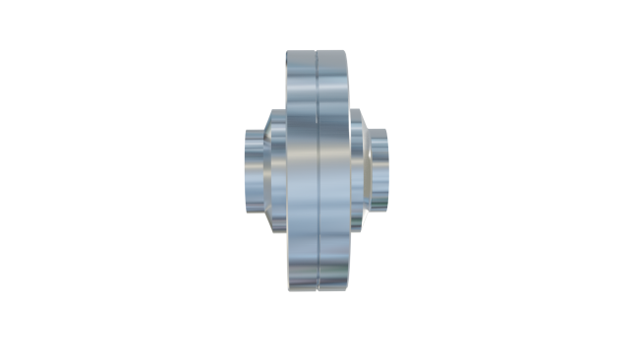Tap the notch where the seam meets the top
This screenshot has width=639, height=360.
coord(319,52)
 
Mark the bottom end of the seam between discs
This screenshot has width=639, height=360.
coord(319,289)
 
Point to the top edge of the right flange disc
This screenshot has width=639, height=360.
coord(335,51)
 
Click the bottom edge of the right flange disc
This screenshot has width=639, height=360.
coord(335,290)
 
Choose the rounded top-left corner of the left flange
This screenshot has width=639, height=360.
coord(288,54)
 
